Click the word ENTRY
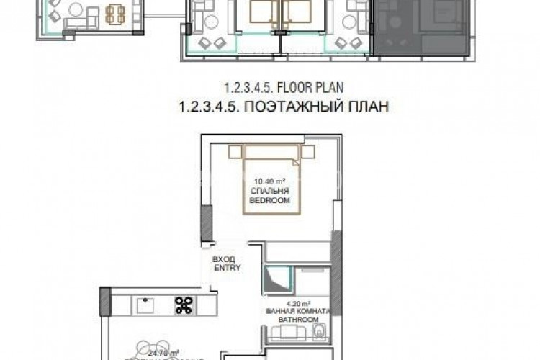(226, 267)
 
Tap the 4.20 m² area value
(298, 302)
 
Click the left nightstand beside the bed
(236, 152)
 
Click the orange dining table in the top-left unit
(115, 14)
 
